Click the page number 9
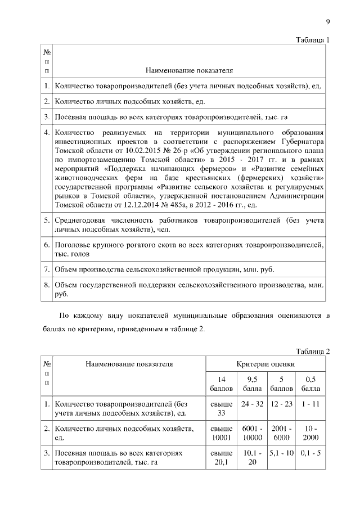[327, 22]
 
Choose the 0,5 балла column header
[310, 384]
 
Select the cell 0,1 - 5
[310, 453]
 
